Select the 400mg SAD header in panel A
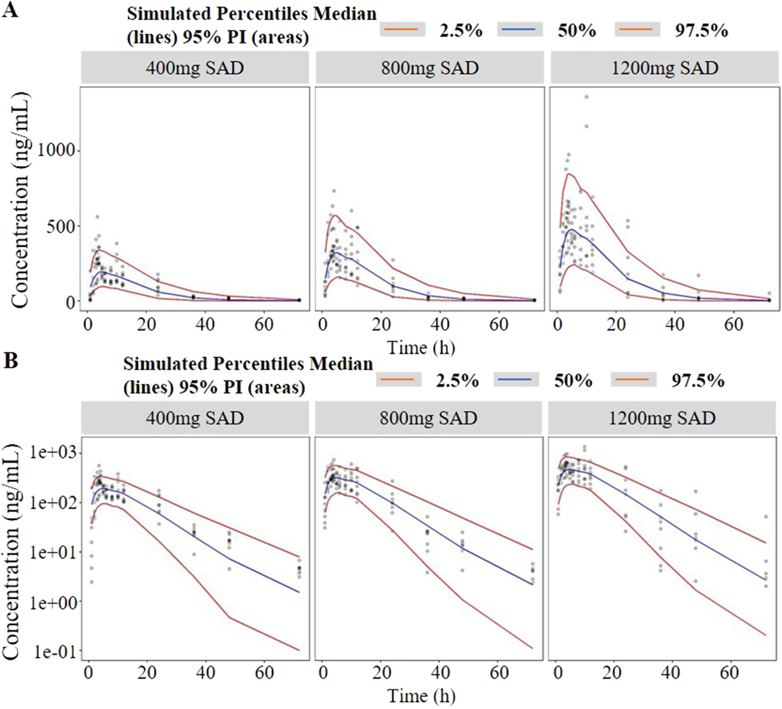coord(195,68)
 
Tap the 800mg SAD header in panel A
coord(429,68)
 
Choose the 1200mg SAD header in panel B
coord(662,418)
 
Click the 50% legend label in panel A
coord(577,30)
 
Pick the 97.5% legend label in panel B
coord(698,380)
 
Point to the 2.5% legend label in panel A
coord(461,30)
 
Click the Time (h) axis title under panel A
coord(421,348)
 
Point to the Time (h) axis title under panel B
coord(421,696)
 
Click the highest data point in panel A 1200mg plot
coord(586,97)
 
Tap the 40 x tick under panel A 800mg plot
coord(440,324)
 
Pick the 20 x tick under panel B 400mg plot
coord(147,672)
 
